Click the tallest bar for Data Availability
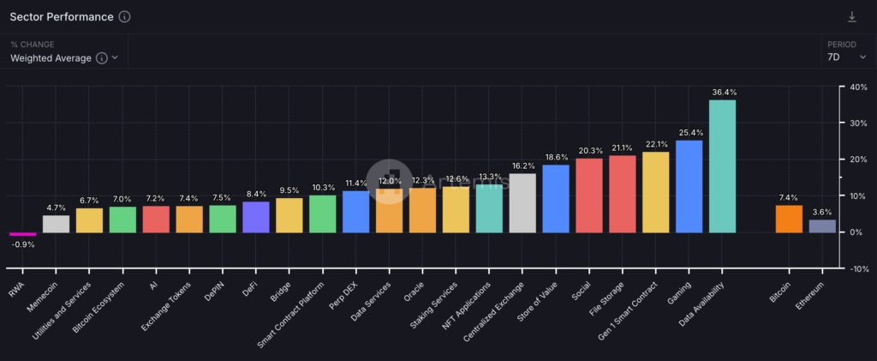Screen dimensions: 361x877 [722, 166]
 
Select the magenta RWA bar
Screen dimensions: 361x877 [22, 233]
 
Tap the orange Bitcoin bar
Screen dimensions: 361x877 [790, 219]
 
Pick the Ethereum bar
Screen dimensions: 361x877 [822, 226]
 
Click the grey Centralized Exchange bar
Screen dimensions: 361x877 [522, 203]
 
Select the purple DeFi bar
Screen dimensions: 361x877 [256, 217]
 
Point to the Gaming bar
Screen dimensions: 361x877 [689, 186]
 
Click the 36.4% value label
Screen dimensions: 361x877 [722, 92]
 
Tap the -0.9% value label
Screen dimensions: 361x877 [22, 244]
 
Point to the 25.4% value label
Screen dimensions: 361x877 [689, 133]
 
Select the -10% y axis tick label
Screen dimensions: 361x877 [856, 268]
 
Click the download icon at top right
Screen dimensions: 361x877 [851, 17]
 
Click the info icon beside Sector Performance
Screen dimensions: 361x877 [125, 17]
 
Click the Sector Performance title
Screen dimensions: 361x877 [61, 17]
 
